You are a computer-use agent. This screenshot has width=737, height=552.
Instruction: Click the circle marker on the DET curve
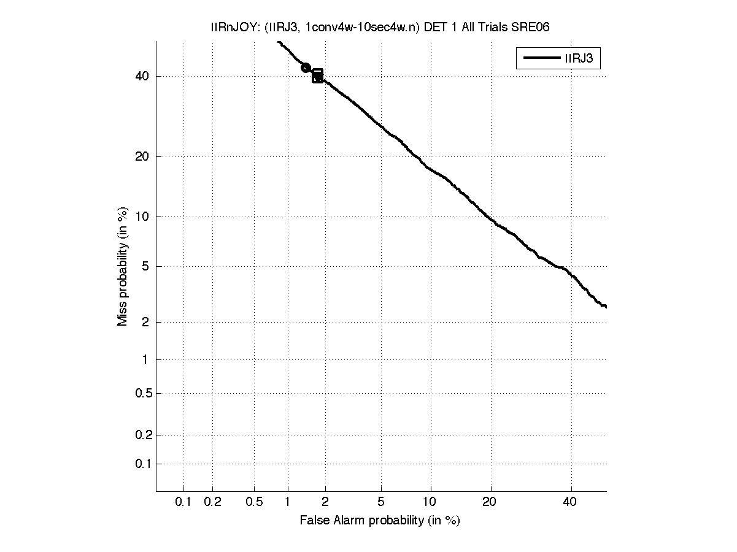(306, 67)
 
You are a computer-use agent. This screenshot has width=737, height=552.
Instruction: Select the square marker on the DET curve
(317, 76)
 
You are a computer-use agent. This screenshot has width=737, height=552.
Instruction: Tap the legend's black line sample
(540, 59)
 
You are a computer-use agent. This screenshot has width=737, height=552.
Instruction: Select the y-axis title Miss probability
(123, 266)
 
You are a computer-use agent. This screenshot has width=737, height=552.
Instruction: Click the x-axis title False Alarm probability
(380, 521)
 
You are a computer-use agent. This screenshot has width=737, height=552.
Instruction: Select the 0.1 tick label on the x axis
(183, 502)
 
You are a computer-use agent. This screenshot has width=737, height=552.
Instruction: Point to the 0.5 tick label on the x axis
(254, 502)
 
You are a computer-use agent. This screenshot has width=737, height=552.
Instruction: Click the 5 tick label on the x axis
(381, 502)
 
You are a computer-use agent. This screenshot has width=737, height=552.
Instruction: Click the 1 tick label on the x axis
(287, 502)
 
